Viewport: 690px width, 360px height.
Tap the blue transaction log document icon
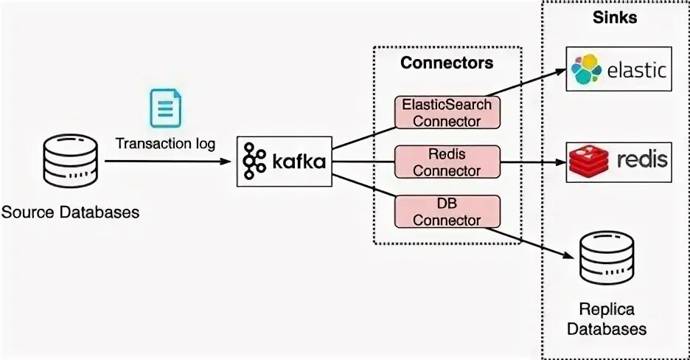[x=165, y=108]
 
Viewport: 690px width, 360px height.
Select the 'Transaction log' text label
[x=165, y=143]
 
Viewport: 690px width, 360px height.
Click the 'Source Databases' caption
[x=70, y=213]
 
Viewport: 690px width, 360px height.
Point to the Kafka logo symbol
[x=255, y=161]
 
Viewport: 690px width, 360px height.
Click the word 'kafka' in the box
[x=298, y=162]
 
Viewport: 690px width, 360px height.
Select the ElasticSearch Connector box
[x=447, y=112]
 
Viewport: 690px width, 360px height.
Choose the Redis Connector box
[x=447, y=162]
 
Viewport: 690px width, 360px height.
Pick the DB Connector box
[x=447, y=210]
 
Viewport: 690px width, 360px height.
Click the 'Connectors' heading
[x=447, y=63]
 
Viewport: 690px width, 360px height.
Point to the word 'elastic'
[x=637, y=70]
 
